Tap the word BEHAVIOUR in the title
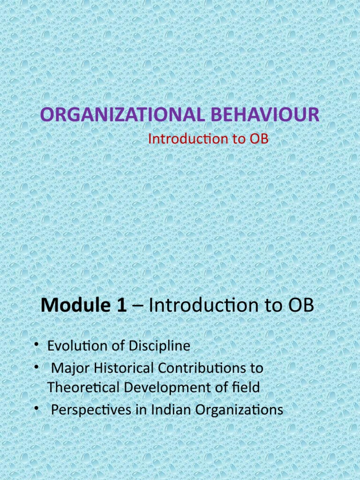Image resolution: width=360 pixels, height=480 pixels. [262, 115]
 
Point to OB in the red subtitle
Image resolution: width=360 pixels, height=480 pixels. [259, 139]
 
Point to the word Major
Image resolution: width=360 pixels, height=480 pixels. [66, 368]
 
